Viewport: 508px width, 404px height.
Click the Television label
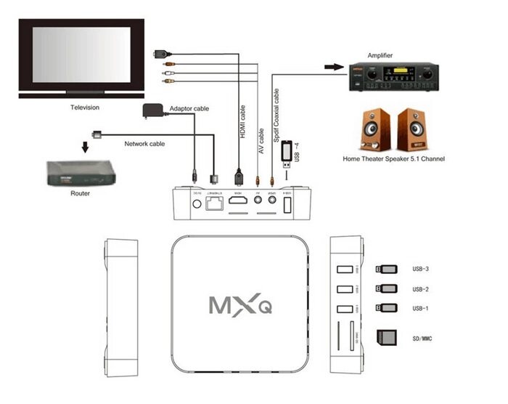84,108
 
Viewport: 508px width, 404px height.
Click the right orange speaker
413,129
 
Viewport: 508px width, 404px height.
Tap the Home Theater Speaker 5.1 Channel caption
394,158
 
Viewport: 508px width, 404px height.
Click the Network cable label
144,144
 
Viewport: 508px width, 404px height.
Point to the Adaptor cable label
189,108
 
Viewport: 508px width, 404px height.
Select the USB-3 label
421,269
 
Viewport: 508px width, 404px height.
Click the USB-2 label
421,288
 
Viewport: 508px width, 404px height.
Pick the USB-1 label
421,308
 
